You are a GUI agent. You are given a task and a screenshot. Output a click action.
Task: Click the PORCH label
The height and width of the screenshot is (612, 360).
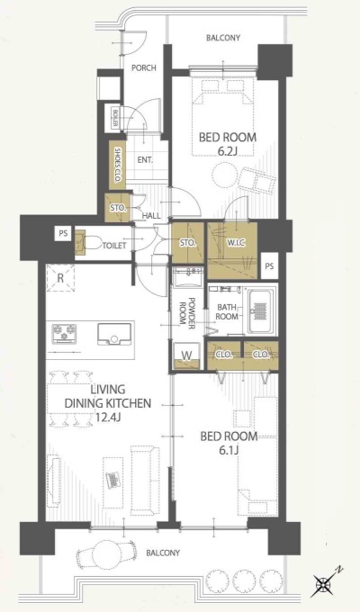[143, 67]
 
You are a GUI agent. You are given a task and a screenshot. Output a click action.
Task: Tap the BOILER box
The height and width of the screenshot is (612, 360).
[116, 117]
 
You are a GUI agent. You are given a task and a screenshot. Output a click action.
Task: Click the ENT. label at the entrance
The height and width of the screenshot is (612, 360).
[145, 159]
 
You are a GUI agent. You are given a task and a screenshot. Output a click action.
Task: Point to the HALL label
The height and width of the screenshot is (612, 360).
[151, 216]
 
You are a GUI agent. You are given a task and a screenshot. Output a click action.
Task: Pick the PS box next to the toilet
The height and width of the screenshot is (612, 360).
[63, 234]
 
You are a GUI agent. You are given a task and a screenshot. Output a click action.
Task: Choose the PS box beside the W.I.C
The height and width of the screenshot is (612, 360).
[269, 266]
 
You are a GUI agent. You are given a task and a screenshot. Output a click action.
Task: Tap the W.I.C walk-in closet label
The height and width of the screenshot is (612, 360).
[236, 243]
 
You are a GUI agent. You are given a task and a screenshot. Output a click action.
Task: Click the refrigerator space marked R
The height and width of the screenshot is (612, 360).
[60, 277]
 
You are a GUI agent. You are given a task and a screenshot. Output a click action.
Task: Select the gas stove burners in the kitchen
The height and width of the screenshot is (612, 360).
[64, 334]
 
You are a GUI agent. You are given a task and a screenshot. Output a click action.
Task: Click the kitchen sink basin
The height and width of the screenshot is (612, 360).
[114, 334]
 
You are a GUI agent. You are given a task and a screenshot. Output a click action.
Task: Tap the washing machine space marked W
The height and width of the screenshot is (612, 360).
[187, 356]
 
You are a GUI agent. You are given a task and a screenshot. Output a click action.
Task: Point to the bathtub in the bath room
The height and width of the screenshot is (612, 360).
[261, 311]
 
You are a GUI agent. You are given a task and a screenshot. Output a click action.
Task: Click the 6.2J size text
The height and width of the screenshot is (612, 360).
[228, 151]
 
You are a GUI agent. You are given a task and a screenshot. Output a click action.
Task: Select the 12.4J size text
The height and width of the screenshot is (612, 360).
[108, 418]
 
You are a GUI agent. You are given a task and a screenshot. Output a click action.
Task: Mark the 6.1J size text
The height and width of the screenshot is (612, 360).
[229, 451]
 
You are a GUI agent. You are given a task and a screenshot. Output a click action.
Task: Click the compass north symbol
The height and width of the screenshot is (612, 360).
[325, 584]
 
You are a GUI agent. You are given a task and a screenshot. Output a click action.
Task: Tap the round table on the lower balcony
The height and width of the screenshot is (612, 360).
[107, 552]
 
